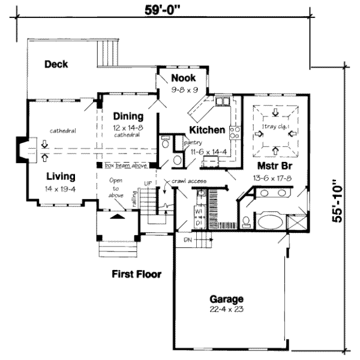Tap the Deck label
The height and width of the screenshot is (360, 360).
click(56, 64)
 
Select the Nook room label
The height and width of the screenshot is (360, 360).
click(183, 78)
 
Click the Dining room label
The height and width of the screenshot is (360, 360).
click(128, 116)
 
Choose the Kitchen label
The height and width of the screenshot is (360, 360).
click(207, 130)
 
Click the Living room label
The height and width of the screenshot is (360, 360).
click(61, 176)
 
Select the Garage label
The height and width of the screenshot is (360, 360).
click(226, 299)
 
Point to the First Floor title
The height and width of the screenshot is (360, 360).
click(137, 274)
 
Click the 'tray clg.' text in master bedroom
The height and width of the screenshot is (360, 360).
click(275, 127)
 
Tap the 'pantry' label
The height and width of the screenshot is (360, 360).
click(193, 143)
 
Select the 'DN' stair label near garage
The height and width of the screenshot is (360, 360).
click(187, 240)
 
